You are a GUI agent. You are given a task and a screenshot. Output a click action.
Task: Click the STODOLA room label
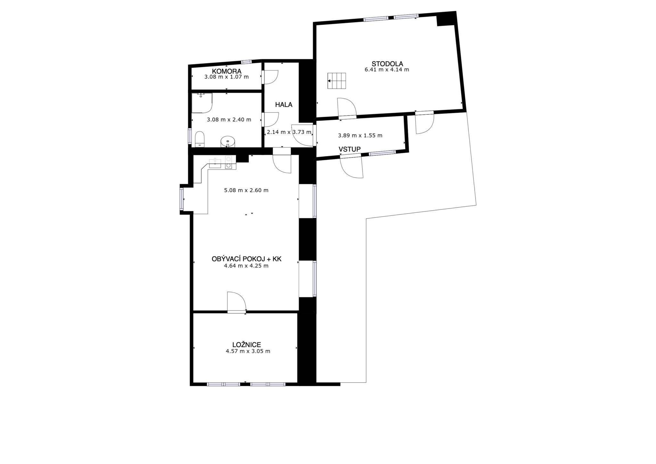387,63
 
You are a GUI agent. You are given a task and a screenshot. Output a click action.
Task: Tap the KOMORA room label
226,71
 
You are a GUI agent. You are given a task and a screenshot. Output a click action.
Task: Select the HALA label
284,104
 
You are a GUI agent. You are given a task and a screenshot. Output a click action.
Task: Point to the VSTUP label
349,149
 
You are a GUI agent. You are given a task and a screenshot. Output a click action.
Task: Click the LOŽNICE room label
246,345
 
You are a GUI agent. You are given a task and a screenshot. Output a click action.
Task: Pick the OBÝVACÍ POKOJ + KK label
246,259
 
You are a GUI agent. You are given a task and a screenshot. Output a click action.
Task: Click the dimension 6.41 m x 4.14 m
387,69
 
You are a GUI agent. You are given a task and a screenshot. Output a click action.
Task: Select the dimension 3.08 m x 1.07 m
226,77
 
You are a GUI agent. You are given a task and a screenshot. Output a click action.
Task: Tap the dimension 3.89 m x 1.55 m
360,136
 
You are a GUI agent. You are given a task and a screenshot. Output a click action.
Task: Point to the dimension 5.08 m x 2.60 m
246,190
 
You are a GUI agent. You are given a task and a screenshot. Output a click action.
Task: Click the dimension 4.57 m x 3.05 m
248,351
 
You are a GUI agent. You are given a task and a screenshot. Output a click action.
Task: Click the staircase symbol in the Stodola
337,81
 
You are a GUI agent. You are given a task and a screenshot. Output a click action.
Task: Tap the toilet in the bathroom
200,139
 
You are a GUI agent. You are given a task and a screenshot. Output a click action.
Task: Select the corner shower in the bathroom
202,103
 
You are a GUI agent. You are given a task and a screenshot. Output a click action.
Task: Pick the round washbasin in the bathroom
228,141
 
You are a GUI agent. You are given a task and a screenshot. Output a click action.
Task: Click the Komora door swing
270,77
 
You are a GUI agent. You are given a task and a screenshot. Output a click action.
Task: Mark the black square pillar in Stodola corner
446,19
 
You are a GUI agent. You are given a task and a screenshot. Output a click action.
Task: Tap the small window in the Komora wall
246,62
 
